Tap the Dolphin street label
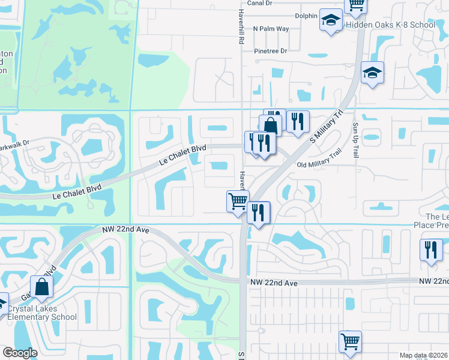point(306,16)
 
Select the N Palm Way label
point(271,28)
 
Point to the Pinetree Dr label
point(270,51)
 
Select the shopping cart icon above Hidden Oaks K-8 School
point(355,5)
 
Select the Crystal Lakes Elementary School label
point(41,313)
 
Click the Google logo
point(20,353)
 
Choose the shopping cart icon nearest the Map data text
point(350,341)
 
